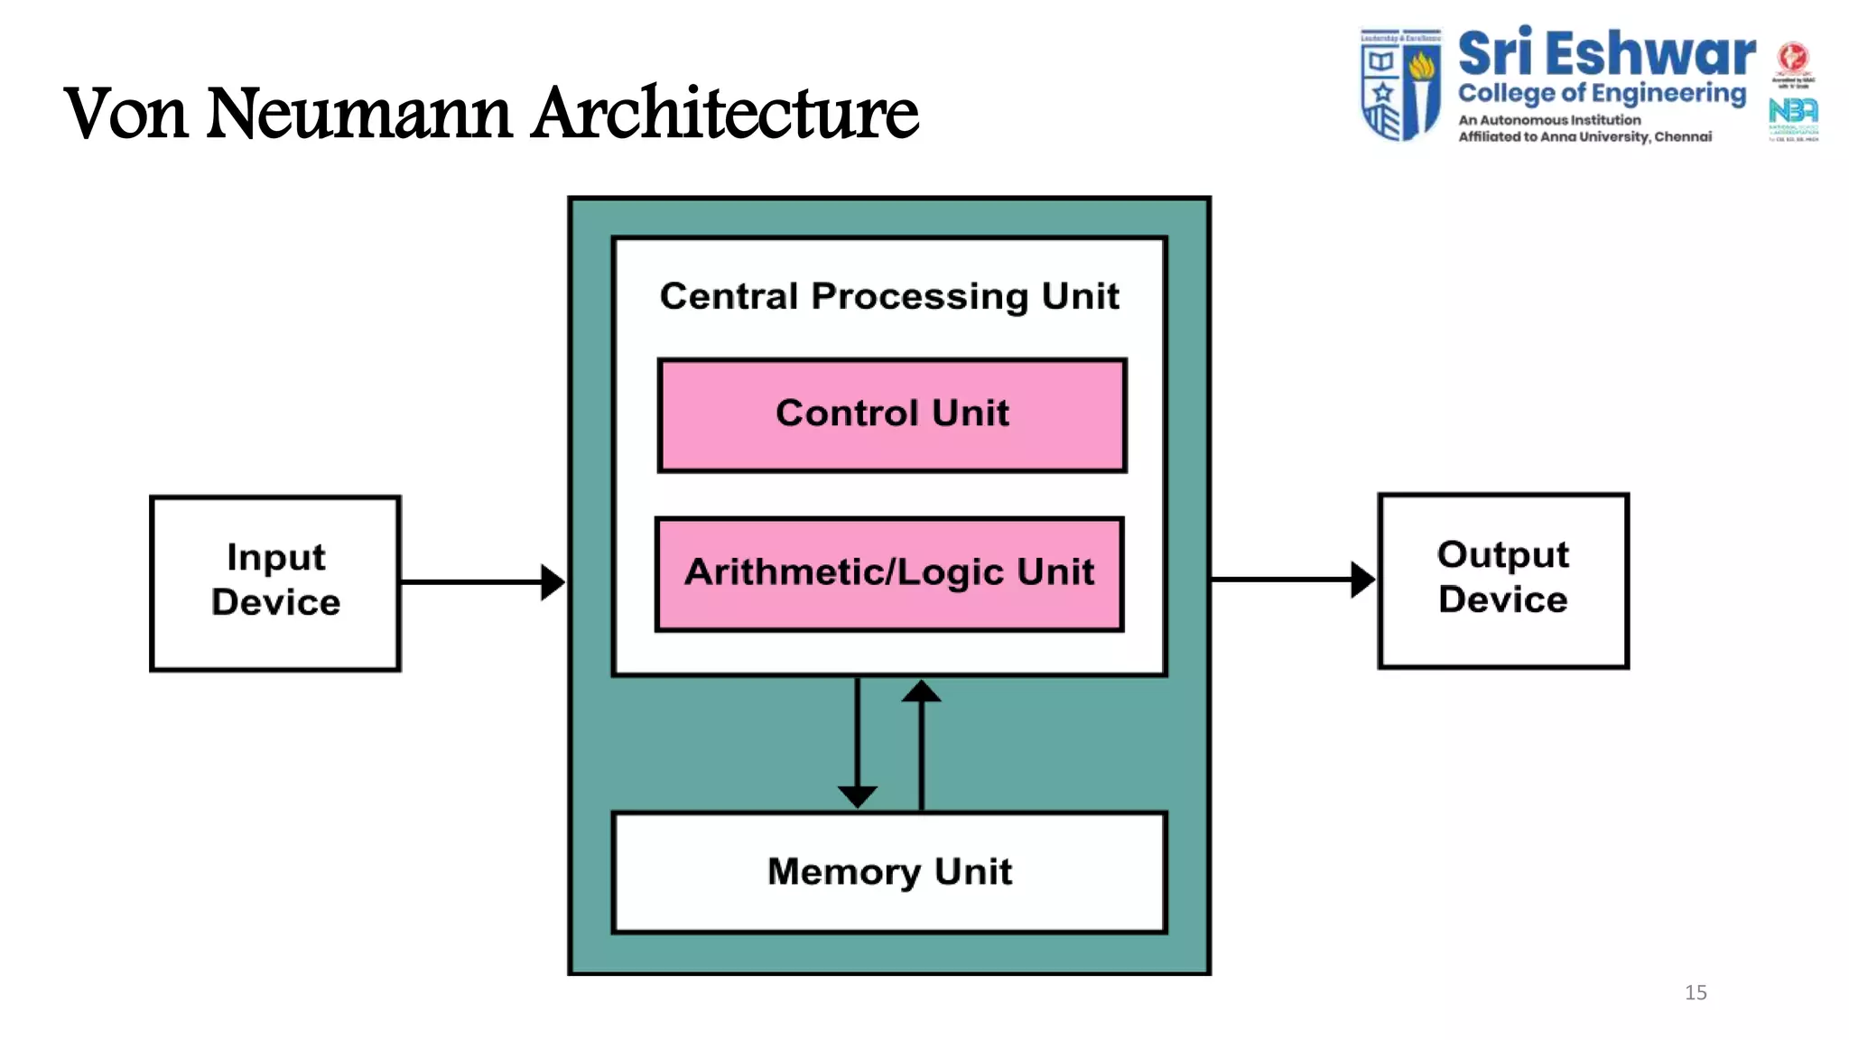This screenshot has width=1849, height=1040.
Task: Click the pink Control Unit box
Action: [x=892, y=415]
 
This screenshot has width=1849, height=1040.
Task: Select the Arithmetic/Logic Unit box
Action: [x=889, y=574]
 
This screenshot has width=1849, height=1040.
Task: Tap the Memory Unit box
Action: [x=889, y=872]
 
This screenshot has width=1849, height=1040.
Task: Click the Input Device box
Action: [x=275, y=582]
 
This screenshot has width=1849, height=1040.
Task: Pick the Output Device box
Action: [x=1503, y=580]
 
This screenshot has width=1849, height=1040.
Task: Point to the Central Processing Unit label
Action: [x=889, y=296]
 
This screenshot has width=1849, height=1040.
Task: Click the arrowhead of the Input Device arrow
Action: [x=553, y=582]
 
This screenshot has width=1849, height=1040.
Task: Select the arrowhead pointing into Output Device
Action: [x=1362, y=580]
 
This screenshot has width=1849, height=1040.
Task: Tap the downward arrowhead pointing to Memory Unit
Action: [x=857, y=796]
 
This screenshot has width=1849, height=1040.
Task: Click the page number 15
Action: [x=1696, y=992]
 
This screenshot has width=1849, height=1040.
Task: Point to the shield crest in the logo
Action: [x=1400, y=85]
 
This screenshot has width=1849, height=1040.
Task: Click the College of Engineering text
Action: [x=1602, y=93]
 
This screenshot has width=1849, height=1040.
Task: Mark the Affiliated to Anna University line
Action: [x=1584, y=136]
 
